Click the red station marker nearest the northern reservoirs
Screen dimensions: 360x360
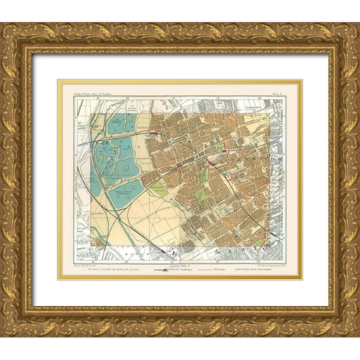click(x=154, y=133)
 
